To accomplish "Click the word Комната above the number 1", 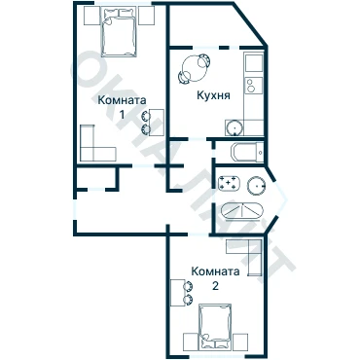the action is (122, 100).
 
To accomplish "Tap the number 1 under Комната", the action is (122, 115).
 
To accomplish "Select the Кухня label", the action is (213, 95).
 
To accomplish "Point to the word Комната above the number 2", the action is (215, 271).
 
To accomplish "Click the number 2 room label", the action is (215, 286).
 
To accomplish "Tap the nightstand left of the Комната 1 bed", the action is (91, 16).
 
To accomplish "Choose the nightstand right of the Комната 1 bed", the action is (146, 16).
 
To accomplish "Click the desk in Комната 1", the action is (157, 123).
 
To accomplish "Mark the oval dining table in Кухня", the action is (193, 69).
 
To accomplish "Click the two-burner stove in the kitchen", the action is (254, 86).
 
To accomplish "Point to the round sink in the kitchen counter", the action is (234, 127).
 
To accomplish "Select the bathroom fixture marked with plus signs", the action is (230, 183).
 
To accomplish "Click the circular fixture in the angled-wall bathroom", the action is (257, 186).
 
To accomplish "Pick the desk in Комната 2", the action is (177, 293).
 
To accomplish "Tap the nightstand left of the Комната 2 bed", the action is (191, 342).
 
